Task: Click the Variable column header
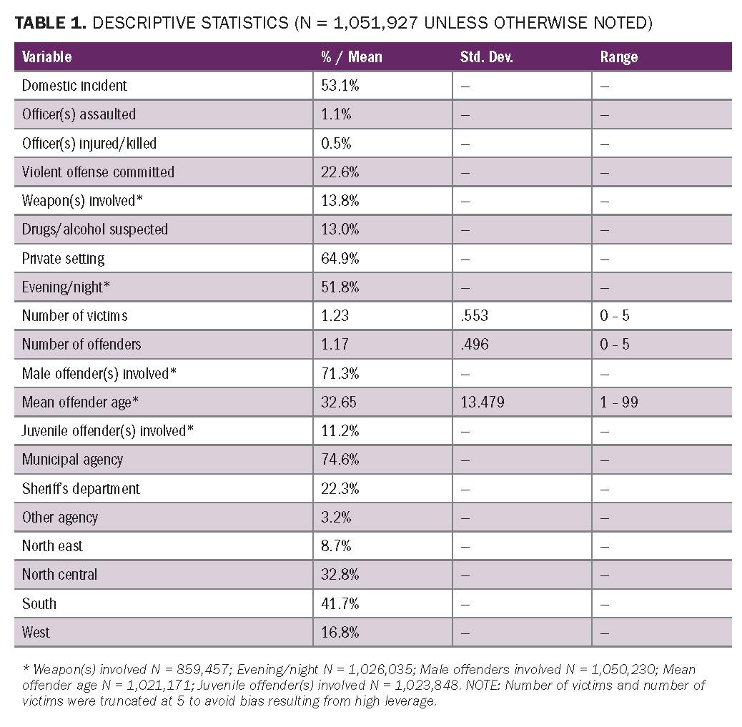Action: (47, 56)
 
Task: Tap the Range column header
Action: (619, 56)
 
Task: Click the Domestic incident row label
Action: (74, 86)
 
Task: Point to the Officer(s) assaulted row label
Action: (79, 114)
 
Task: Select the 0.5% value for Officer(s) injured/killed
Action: (336, 143)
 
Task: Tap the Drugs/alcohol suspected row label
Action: (94, 229)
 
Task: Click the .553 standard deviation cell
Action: (475, 315)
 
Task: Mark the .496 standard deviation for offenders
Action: (475, 344)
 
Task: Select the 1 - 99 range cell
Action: (619, 402)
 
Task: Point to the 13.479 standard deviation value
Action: (483, 402)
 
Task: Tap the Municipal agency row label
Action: (72, 460)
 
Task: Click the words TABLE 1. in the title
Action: (50, 23)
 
